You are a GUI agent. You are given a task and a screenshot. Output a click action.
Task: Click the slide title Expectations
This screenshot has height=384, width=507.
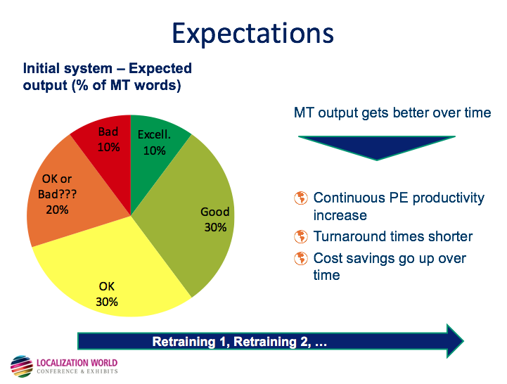click(253, 33)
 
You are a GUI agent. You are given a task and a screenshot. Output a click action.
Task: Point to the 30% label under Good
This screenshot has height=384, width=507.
click(215, 227)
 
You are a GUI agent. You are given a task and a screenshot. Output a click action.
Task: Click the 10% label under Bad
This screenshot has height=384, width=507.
click(109, 147)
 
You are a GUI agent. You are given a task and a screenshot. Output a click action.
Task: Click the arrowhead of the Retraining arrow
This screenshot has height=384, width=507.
click(454, 342)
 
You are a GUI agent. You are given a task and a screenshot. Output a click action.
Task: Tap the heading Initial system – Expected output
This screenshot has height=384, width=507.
click(107, 77)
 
